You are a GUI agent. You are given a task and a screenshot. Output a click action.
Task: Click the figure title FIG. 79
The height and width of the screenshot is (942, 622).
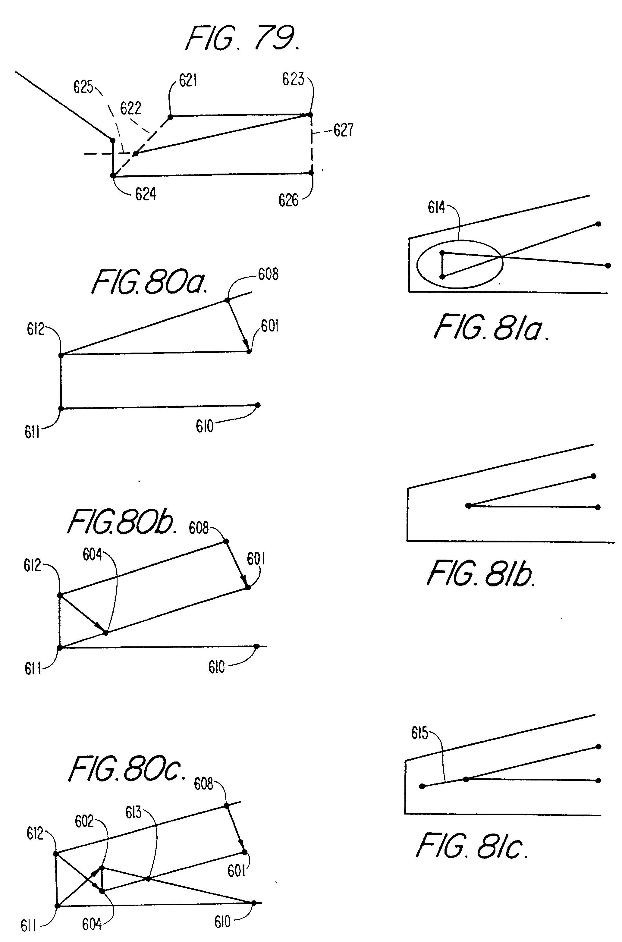(x=243, y=39)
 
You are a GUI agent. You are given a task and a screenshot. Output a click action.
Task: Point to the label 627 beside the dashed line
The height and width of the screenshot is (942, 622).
(x=343, y=130)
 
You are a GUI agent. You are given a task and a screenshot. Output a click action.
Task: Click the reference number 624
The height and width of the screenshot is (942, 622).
(x=146, y=194)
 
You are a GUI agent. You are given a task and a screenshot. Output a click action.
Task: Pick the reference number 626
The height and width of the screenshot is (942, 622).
(x=288, y=200)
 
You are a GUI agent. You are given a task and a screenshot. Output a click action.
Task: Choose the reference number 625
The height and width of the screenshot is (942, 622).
(x=83, y=87)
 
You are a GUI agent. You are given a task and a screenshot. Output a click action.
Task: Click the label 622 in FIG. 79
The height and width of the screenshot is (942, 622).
(x=130, y=108)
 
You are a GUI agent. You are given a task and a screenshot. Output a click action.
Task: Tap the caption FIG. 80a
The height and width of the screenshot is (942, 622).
(x=149, y=282)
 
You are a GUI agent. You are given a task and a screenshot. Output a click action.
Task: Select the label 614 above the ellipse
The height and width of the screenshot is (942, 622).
(x=436, y=207)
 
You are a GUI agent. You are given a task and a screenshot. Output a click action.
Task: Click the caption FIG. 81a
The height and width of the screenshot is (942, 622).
(x=491, y=328)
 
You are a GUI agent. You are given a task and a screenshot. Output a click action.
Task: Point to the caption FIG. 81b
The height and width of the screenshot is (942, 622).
(x=481, y=574)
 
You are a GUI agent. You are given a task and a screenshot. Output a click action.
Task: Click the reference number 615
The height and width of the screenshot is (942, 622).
(x=419, y=733)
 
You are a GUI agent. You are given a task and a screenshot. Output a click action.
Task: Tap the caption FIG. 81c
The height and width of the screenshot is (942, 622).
(x=472, y=846)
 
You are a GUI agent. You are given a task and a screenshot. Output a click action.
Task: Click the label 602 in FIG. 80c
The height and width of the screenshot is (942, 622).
(x=84, y=821)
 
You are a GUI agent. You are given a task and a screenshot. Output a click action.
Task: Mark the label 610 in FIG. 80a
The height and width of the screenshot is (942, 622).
(x=205, y=426)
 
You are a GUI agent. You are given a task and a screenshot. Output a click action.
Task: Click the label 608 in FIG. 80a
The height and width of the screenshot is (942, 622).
(x=268, y=274)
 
